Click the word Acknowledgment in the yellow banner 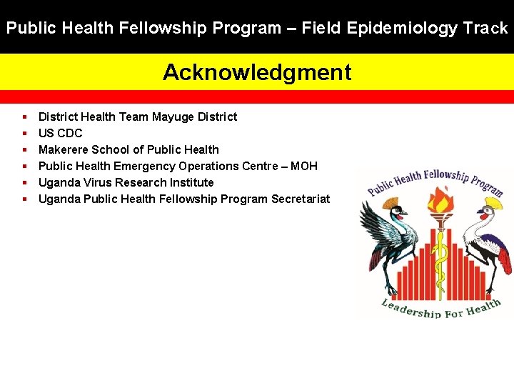(257, 72)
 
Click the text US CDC (60, 133)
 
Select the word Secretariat (301, 199)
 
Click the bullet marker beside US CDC (25, 133)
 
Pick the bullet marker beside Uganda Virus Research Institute (25, 182)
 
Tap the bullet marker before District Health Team (25, 117)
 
